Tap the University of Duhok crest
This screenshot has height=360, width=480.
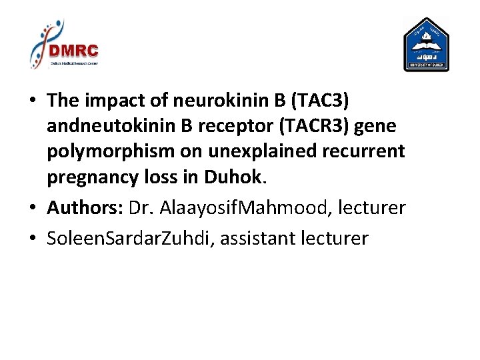coord(427,45)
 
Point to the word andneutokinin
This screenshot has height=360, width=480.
coord(107,126)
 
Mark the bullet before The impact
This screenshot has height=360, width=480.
coord(32,101)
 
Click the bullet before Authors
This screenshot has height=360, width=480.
coord(32,208)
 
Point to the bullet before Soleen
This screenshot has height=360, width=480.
coord(32,239)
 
